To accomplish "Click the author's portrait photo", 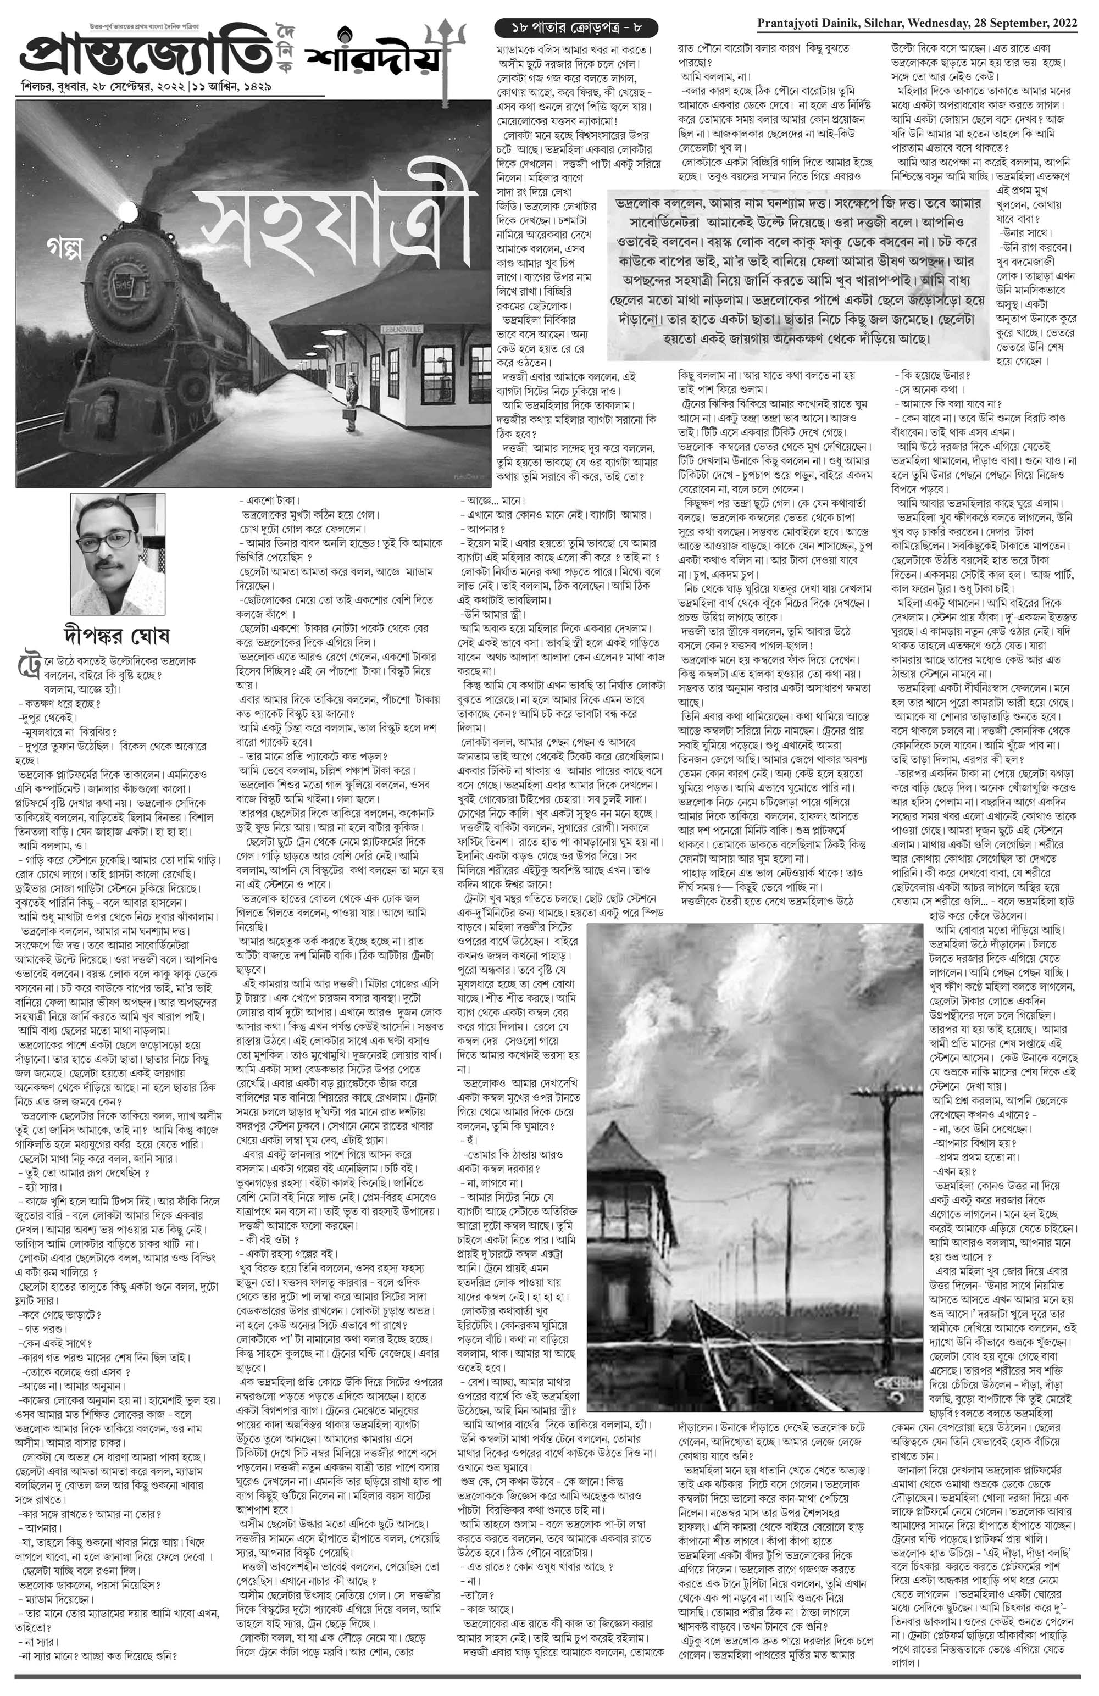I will pos(117,554).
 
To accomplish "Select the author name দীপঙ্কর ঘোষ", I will pos(118,633).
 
